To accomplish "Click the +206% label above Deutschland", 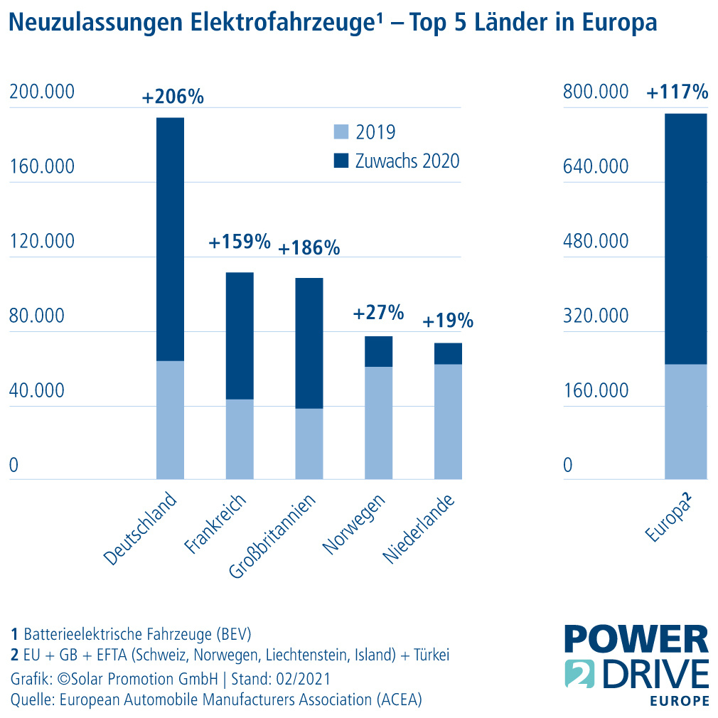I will pos(173,97).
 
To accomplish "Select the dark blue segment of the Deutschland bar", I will pos(170,239).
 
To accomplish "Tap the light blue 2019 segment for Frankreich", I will pos(240,439).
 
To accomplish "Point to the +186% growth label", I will pos(309,248).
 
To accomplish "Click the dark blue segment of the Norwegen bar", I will pos(378,351).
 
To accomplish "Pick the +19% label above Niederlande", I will pos(448,321).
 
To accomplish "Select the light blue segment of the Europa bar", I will pos(685,422).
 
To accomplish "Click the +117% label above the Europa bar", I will pos(677,92).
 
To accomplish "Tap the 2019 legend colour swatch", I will pos(341,132).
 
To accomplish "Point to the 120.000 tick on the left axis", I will pos(41,241).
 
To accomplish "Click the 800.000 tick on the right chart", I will pos(596,92).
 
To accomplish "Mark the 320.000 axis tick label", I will pos(596,316).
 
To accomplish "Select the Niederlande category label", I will pos(418,528).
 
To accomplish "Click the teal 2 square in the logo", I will pos(578,674).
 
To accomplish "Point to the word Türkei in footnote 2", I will pos(429,654).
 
